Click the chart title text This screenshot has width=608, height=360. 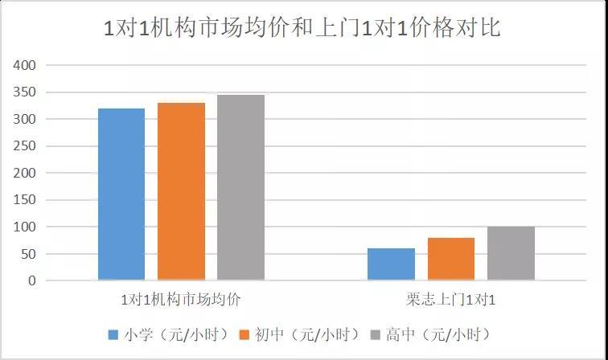coord(303,28)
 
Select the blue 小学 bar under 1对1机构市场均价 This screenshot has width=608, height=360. coord(121,194)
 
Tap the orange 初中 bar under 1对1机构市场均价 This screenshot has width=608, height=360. coord(181,191)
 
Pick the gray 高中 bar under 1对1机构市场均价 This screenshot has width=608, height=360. coord(240,187)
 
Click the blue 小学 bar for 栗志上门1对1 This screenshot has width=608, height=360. coord(391,264)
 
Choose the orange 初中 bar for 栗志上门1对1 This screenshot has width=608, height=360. coord(451,259)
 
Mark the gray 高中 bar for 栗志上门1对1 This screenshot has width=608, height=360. coord(511,253)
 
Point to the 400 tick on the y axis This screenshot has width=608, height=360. coord(25,65)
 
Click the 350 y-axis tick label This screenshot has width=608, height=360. coord(25,92)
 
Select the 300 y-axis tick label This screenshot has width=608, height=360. coord(25,120)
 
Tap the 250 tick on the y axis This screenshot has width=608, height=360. coord(25,146)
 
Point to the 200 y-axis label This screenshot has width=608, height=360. coord(25,174)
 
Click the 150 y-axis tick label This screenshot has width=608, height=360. coord(25,201)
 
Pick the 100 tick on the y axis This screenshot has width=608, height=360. coord(25,227)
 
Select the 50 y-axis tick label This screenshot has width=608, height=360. coord(28,255)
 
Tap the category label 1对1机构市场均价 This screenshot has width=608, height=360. coord(180,301)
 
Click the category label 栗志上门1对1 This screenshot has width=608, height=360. coord(450,301)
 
